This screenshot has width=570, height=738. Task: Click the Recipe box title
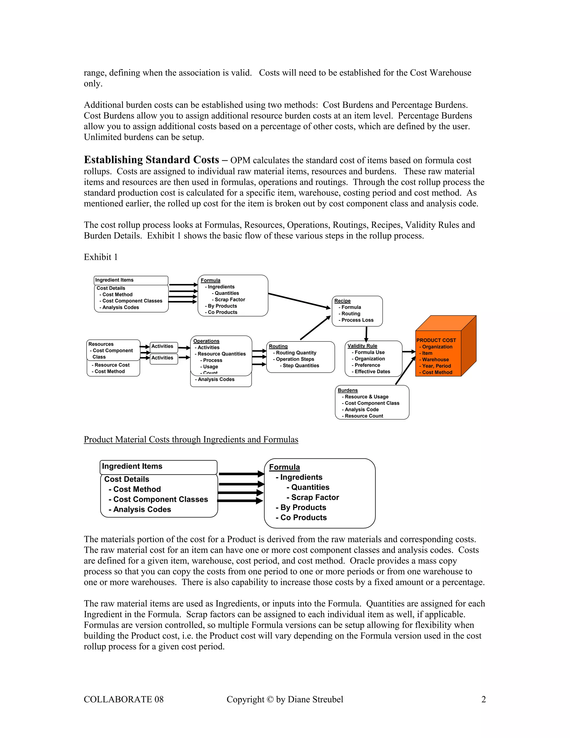(342, 301)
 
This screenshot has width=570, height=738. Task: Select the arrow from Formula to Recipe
(299, 301)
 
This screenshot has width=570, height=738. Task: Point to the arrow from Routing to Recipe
(315, 328)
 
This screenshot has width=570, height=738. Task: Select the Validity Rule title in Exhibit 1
(362, 346)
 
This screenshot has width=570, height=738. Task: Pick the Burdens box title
(347, 390)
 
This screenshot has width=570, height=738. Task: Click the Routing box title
(278, 346)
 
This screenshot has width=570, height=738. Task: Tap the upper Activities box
(164, 347)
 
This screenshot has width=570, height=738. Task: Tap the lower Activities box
(164, 358)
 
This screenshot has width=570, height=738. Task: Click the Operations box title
(206, 341)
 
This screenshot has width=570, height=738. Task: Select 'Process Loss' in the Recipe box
(357, 320)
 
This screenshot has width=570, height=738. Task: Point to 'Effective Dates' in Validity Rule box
(372, 371)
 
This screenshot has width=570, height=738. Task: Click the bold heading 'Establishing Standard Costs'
(152, 160)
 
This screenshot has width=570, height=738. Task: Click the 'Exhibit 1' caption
(101, 257)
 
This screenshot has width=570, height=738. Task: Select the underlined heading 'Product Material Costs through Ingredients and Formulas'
(191, 440)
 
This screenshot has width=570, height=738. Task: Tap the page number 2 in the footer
(483, 700)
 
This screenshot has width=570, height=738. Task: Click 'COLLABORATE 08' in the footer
(124, 700)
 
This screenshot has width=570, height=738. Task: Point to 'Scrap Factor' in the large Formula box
(315, 497)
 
